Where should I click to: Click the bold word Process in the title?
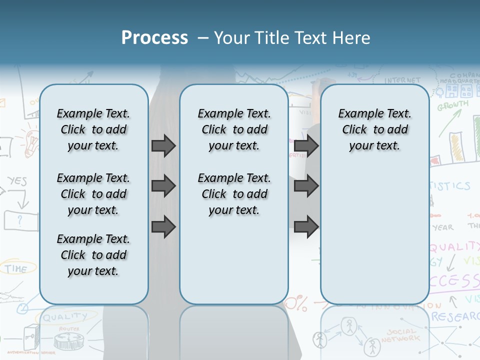pyautogui.click(x=154, y=38)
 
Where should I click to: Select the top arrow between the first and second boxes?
pyautogui.click(x=163, y=145)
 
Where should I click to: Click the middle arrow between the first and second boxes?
pyautogui.click(x=163, y=186)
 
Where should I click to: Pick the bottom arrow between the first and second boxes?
pyautogui.click(x=163, y=227)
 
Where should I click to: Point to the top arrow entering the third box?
pyautogui.click(x=306, y=145)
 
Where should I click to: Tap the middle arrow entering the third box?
pyautogui.click(x=306, y=186)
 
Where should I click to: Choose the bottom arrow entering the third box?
pyautogui.click(x=306, y=227)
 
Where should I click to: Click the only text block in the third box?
pyautogui.click(x=374, y=129)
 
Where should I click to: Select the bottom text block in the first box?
pyautogui.click(x=93, y=255)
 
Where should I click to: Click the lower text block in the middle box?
pyautogui.click(x=234, y=194)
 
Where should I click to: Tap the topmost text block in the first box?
pyautogui.click(x=93, y=129)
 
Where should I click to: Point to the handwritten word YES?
pyautogui.click(x=17, y=181)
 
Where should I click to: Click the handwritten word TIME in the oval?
pyautogui.click(x=16, y=268)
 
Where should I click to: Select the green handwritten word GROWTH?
pyautogui.click(x=453, y=106)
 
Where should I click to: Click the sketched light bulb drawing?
pyautogui.click(x=31, y=141)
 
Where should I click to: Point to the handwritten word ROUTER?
pyautogui.click(x=69, y=329)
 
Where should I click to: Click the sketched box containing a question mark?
pyautogui.click(x=20, y=219)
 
